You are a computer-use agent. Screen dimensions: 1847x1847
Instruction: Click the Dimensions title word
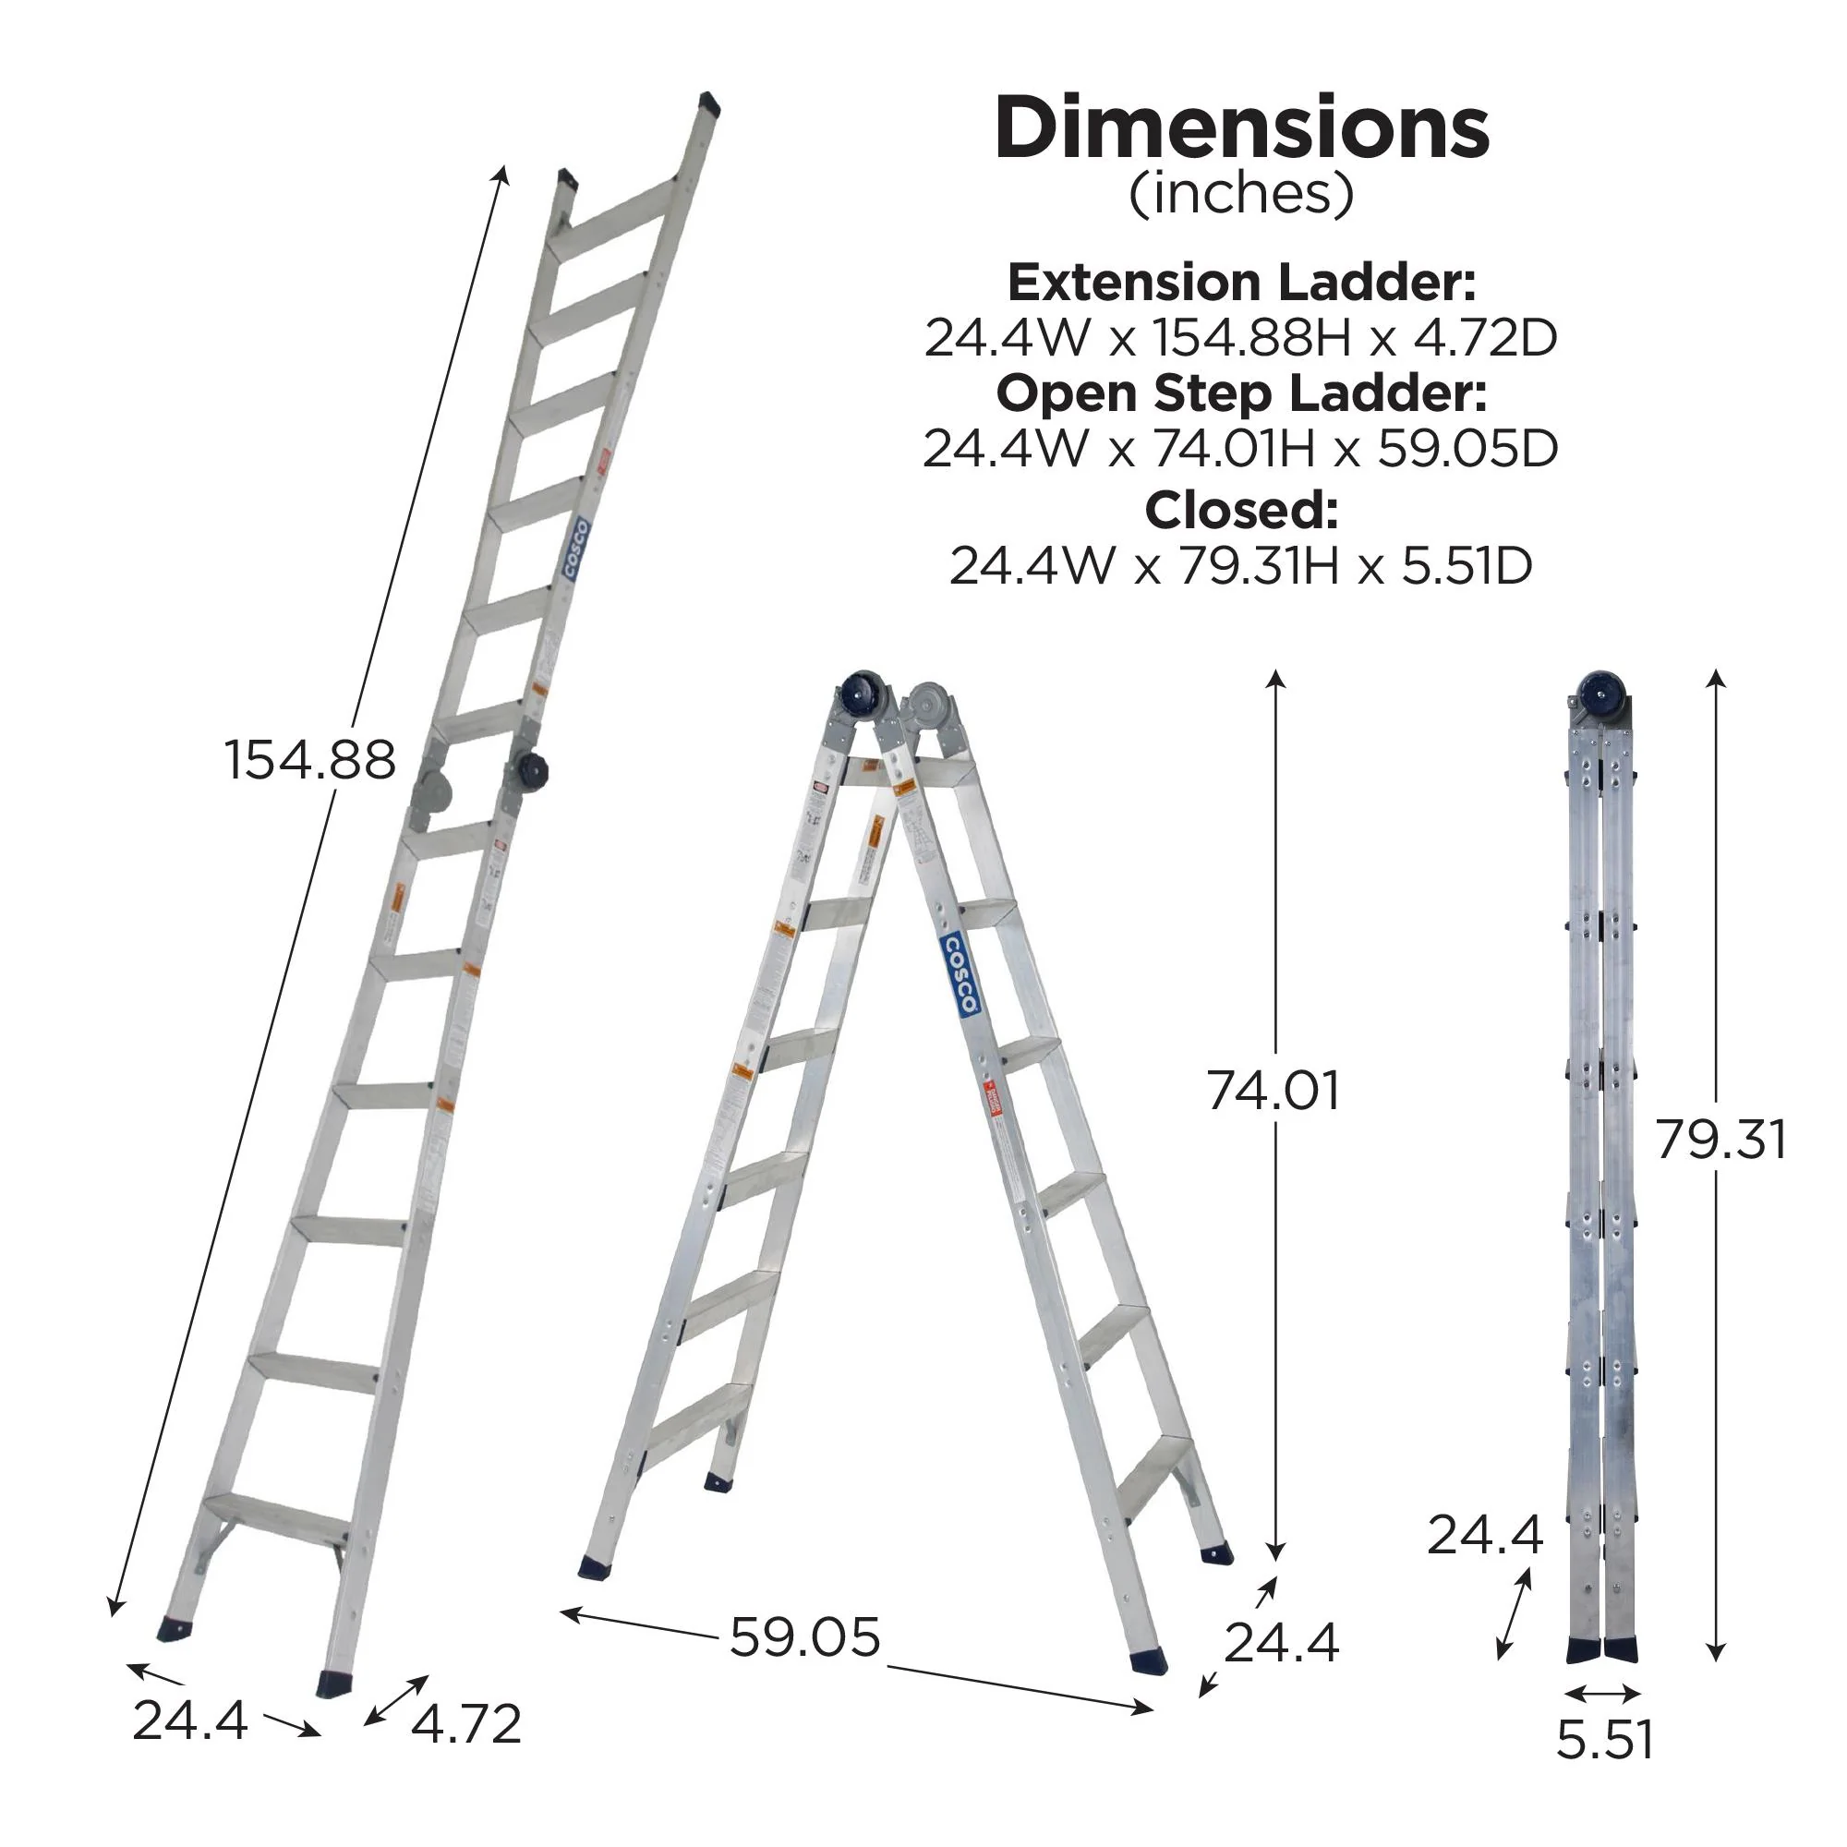coord(1241,129)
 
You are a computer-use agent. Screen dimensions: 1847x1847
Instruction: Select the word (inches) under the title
coord(1241,194)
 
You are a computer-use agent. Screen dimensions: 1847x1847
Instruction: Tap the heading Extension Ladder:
coord(1241,282)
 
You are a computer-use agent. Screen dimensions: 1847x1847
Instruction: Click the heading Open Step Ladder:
coord(1241,392)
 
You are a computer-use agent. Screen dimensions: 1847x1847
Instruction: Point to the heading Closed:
coord(1241,511)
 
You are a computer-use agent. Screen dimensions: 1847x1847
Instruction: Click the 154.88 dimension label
coord(309,761)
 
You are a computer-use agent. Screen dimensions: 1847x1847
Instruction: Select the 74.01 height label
coord(1273,1091)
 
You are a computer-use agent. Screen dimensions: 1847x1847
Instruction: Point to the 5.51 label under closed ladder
coord(1604,1739)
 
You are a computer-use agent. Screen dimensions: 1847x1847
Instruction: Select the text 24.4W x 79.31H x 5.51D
coord(1241,566)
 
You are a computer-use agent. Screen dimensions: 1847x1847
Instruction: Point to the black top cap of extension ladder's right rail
coord(708,103)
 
